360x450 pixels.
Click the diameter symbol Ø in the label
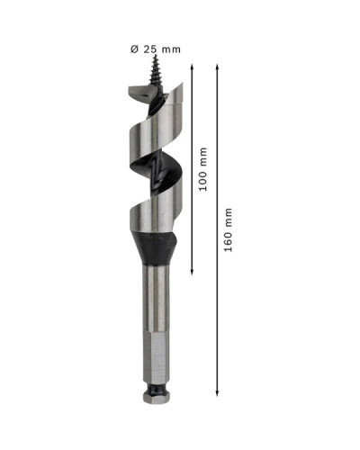(134, 49)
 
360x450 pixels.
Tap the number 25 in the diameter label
(150, 49)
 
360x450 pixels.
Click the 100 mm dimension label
(203, 169)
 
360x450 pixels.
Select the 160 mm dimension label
(229, 229)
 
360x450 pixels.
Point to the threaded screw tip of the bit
(156, 69)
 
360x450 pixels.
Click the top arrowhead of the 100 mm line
(192, 67)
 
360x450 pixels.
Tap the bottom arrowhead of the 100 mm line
(192, 272)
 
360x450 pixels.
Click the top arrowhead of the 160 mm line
(217, 67)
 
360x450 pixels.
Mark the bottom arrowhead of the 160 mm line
(217, 393)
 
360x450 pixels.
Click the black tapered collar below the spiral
(153, 248)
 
